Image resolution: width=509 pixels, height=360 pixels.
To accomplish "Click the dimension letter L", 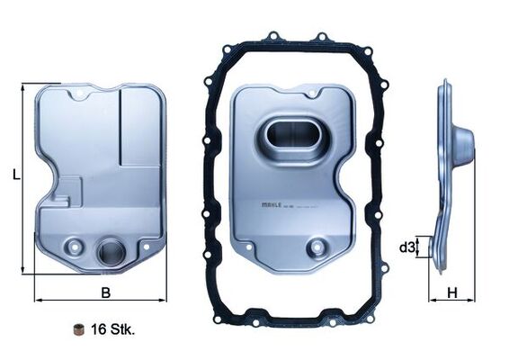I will coord(16,176).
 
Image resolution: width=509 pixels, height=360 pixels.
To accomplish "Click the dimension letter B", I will coord(105,292).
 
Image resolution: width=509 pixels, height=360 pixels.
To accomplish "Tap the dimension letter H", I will coord(452,292).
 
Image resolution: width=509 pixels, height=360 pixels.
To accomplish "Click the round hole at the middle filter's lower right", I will coord(316,247).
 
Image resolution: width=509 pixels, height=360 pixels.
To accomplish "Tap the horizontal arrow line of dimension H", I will coord(452,300).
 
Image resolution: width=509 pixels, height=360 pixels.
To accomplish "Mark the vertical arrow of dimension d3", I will coord(423,247).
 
